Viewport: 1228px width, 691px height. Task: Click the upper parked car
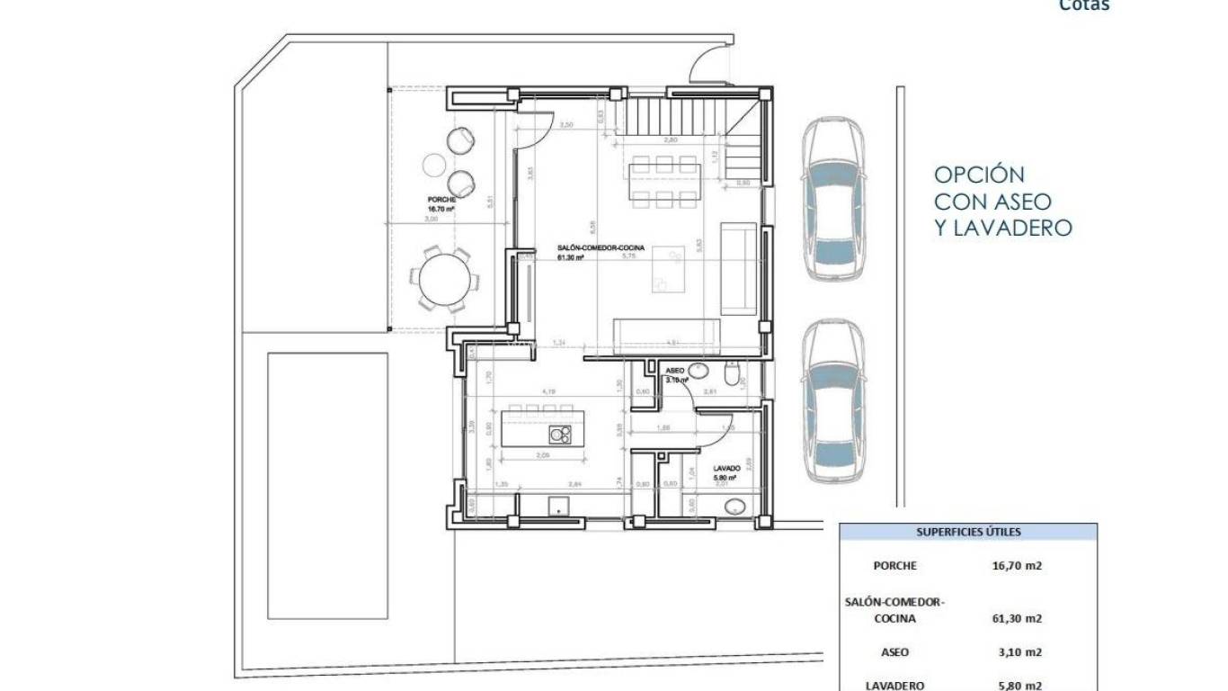click(833, 201)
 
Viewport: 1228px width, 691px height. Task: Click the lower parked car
click(833, 404)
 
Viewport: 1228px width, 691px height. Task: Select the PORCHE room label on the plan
click(441, 200)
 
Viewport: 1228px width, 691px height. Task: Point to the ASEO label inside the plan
click(674, 371)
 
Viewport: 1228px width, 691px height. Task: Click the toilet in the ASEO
click(733, 372)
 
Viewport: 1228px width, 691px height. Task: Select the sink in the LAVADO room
click(734, 507)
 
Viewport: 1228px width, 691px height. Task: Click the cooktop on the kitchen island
click(559, 435)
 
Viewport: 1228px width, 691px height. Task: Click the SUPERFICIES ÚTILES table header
click(968, 532)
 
